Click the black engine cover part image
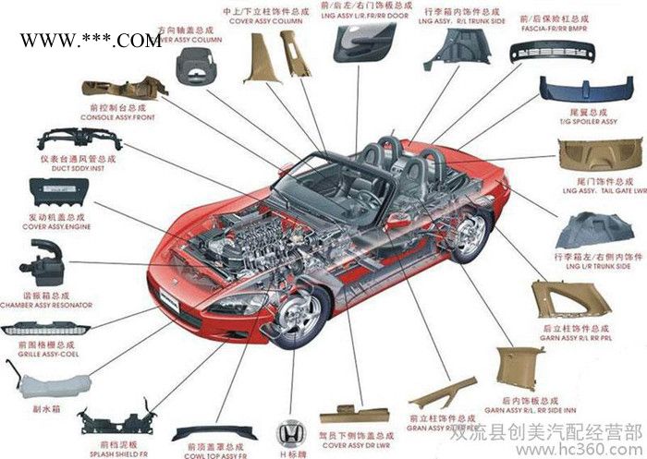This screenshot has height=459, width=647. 61,194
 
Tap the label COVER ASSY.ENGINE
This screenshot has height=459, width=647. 56,226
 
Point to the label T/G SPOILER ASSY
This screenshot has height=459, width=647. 589,123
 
